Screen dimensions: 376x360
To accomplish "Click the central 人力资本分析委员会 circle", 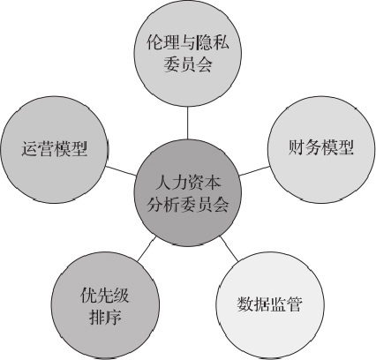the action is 188,192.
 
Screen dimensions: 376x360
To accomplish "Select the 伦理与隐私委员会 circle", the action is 188,53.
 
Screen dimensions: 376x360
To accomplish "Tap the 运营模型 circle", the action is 55,149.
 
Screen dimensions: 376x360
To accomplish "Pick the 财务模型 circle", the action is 321,149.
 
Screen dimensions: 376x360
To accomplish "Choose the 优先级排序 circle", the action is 105,305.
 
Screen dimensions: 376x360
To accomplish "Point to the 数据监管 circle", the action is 270,305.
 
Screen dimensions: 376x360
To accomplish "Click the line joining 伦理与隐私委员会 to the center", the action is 188,123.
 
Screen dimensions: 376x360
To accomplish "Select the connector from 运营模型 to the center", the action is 121,171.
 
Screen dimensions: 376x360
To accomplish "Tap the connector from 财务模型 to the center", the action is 255,171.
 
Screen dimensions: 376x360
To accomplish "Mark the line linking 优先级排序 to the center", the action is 147,249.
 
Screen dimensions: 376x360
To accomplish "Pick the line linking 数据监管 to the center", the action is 229,249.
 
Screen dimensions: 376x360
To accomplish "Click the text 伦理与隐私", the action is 188,43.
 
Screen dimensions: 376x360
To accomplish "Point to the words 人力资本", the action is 188,183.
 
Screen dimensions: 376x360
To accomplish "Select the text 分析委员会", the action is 188,204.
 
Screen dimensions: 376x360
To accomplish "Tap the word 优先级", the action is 105,295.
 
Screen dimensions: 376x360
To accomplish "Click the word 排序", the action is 105,317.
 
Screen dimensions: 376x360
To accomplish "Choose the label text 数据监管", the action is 270,304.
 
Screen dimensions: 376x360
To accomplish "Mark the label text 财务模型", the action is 320,147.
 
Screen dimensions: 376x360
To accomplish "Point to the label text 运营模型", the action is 55,148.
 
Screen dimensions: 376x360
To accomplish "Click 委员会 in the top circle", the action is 188,64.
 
